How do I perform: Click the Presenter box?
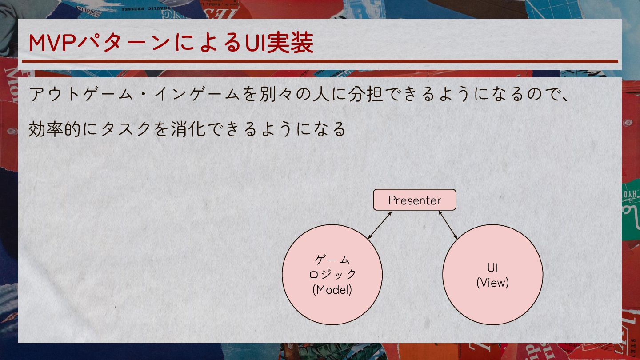(x=414, y=200)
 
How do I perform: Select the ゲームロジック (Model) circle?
(x=332, y=274)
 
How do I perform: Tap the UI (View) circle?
(x=492, y=274)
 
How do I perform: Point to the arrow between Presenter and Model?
(x=380, y=225)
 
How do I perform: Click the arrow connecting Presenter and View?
(x=448, y=225)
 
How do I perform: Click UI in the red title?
(x=254, y=43)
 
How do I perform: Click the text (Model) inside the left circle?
(x=332, y=289)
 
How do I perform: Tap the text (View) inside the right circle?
(x=492, y=282)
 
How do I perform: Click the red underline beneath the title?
(x=320, y=61)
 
